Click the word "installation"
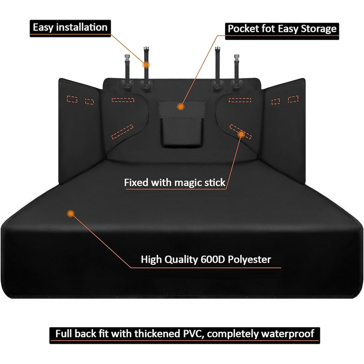pyautogui.click(x=81, y=27)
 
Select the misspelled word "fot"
pyautogui.click(x=274, y=28)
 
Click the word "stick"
pyautogui.click(x=213, y=183)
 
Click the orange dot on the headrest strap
pyautogui.click(x=146, y=64)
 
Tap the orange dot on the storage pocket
pyautogui.click(x=180, y=107)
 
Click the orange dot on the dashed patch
pyautogui.click(x=242, y=134)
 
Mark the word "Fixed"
pyautogui.click(x=136, y=183)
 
